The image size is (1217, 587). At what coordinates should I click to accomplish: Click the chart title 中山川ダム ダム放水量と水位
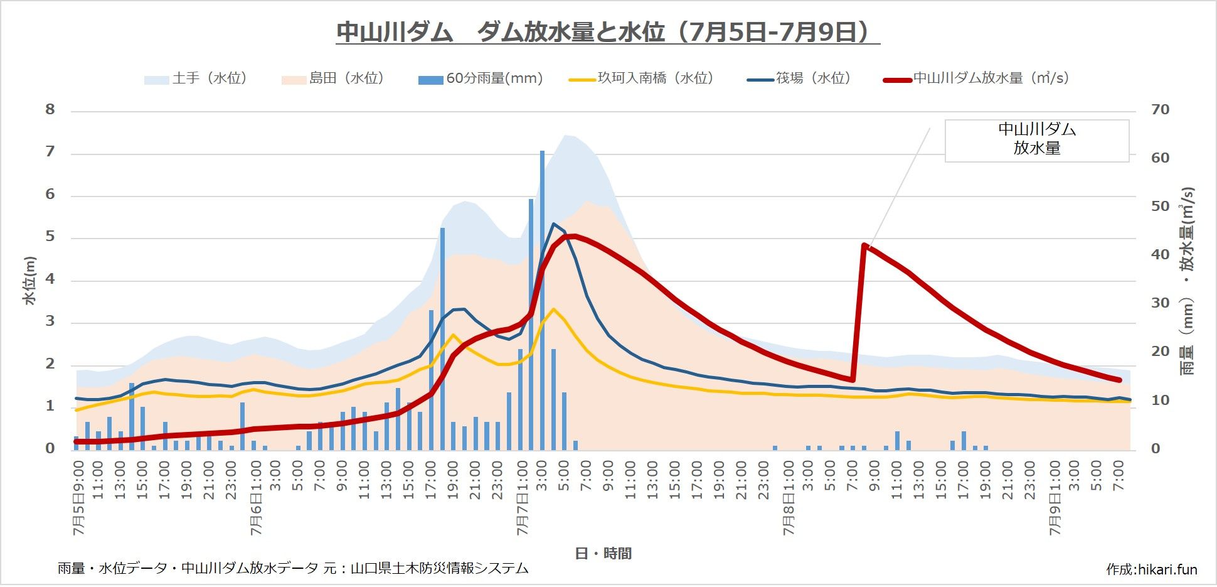click(x=607, y=31)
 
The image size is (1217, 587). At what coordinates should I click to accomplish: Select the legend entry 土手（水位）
click(x=196, y=78)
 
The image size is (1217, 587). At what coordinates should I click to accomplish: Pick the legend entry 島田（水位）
click(x=333, y=78)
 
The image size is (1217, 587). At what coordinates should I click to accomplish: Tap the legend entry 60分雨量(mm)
click(x=481, y=78)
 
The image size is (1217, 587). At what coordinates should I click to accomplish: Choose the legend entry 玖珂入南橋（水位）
click(x=642, y=78)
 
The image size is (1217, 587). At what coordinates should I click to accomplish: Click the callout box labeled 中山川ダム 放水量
click(x=1036, y=140)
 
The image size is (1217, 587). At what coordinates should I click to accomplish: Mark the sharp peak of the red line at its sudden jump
click(x=864, y=245)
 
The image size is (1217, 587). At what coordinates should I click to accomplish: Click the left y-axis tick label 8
click(x=50, y=110)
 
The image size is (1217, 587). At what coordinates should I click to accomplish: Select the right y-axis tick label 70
click(x=1160, y=110)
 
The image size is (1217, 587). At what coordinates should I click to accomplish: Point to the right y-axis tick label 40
click(x=1160, y=255)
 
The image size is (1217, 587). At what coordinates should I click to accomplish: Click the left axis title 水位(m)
click(x=29, y=281)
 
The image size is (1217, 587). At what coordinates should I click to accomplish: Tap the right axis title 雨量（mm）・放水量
click(x=1187, y=281)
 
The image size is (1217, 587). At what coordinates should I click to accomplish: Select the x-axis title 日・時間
click(x=603, y=553)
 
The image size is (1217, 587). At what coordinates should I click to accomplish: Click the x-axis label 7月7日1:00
click(x=523, y=498)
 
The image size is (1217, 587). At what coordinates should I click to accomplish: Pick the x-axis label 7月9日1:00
click(x=1055, y=498)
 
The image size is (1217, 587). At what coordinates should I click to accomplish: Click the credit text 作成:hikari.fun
click(x=1151, y=569)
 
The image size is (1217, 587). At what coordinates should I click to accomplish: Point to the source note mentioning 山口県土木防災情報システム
click(x=293, y=569)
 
